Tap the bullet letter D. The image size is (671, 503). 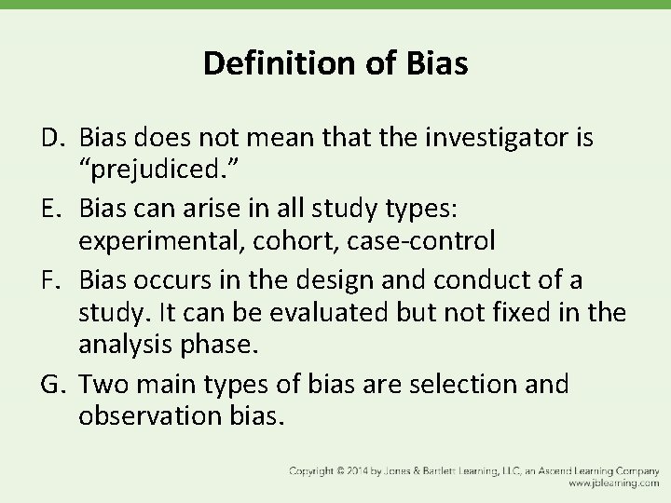click(x=51, y=140)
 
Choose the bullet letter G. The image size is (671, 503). click(x=51, y=385)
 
